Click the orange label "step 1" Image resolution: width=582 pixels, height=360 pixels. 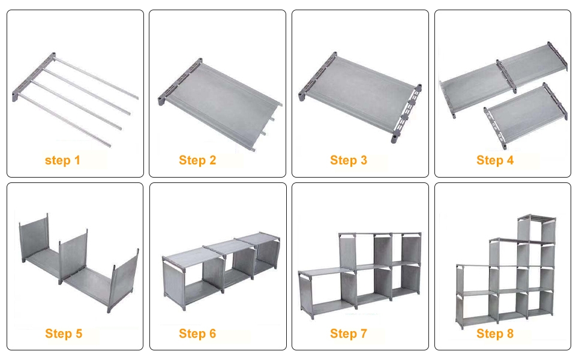coord(62,160)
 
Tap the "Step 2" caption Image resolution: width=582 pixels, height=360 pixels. coord(197,160)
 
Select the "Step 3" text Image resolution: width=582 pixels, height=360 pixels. coord(349,160)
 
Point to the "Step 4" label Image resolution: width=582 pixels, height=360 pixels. coord(495,160)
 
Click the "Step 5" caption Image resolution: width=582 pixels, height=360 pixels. coord(64,334)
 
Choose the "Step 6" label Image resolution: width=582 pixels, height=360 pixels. coord(197,334)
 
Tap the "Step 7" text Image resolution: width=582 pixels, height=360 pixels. coord(349,334)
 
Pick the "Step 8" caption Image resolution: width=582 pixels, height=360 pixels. coord(495,334)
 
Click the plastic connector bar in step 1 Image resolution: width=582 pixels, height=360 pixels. coord(34,77)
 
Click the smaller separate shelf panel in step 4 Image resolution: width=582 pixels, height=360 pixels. coord(525,115)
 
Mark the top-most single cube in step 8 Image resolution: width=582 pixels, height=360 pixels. coord(537,229)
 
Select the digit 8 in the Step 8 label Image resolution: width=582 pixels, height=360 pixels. coord(510,333)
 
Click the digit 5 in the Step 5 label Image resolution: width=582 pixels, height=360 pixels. coord(79,333)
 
